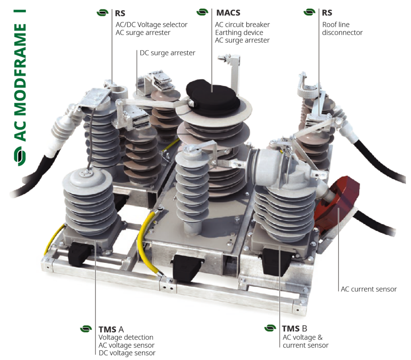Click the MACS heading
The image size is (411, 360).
click(x=228, y=12)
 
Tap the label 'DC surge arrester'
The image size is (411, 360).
click(x=167, y=53)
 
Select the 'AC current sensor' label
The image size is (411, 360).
click(x=368, y=289)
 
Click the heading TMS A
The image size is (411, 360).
click(x=111, y=329)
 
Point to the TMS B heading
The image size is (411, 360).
click(x=294, y=329)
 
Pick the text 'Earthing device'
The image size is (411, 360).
click(x=239, y=33)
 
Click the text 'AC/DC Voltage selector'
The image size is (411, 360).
click(x=151, y=24)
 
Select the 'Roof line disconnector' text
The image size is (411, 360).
click(x=342, y=28)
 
